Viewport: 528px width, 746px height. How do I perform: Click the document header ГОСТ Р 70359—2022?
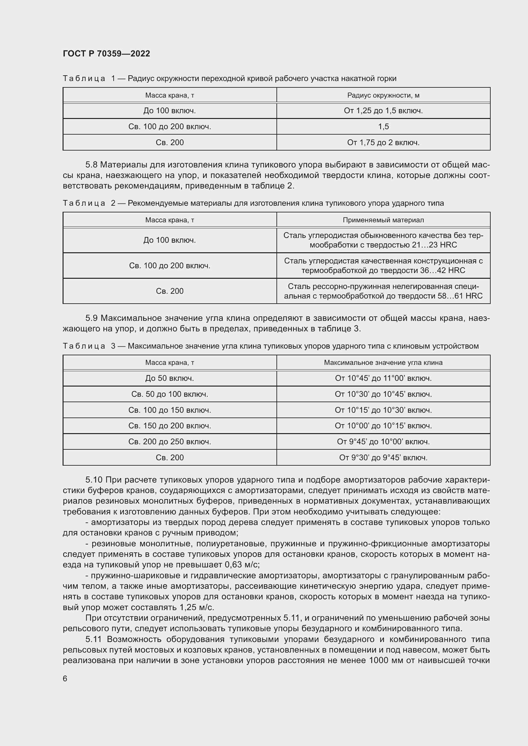click(106, 54)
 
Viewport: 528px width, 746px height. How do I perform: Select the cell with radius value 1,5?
click(383, 126)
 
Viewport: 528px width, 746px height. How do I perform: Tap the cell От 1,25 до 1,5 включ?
click(383, 111)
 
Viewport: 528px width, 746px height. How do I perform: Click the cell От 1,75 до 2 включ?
click(383, 142)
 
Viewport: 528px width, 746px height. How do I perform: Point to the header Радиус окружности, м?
click(383, 95)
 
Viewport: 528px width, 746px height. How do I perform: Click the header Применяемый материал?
click(383, 220)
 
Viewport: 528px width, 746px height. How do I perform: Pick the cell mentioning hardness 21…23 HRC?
click(383, 240)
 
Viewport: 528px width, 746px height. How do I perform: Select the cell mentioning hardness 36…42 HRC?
click(383, 265)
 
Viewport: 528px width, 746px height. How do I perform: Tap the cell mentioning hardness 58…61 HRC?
click(383, 291)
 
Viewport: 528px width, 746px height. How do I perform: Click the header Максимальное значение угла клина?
click(383, 362)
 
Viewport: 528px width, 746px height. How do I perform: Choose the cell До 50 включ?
click(170, 378)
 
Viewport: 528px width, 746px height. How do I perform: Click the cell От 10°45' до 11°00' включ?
click(383, 378)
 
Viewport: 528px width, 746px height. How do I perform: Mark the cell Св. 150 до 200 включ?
click(170, 426)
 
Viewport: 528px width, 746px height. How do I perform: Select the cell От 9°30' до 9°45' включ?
click(383, 457)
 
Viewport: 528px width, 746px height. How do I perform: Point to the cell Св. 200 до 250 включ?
click(170, 441)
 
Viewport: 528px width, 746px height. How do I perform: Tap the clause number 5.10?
click(94, 480)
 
